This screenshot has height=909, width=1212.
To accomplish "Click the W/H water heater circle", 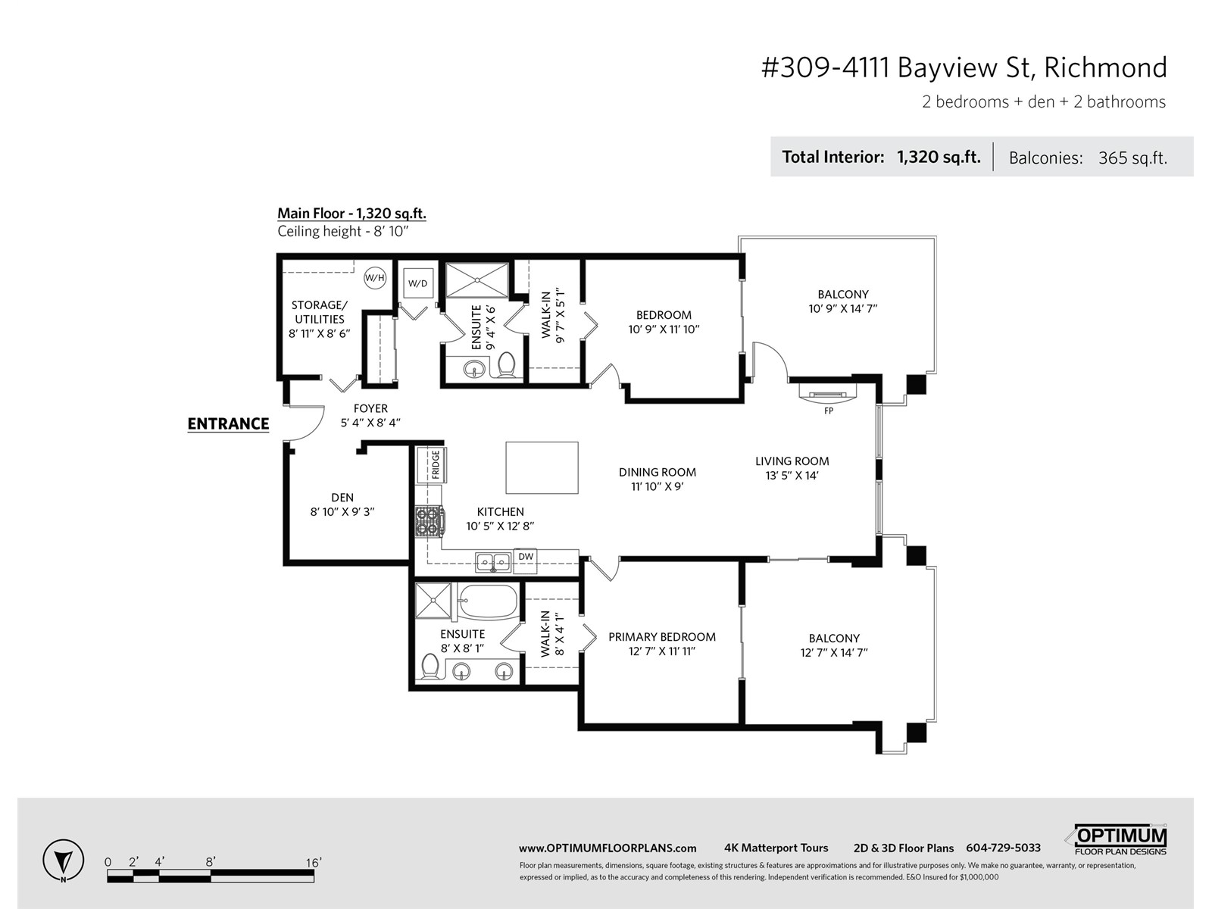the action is pyautogui.click(x=375, y=277).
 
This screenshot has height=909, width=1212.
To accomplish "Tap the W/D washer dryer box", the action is pyautogui.click(x=418, y=283).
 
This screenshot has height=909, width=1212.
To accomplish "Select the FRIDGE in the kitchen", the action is pyautogui.click(x=432, y=464).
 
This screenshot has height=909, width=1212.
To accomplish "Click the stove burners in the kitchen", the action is pyautogui.click(x=430, y=522).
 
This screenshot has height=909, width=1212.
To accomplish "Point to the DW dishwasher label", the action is pyautogui.click(x=526, y=556).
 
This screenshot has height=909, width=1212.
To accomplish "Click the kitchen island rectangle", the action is pyautogui.click(x=542, y=467).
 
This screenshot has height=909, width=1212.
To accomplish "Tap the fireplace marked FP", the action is pyautogui.click(x=828, y=395).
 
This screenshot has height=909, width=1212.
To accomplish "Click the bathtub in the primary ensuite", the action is pyautogui.click(x=488, y=601).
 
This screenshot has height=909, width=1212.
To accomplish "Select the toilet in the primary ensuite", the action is pyautogui.click(x=429, y=666).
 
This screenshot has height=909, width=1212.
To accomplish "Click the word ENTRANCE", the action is pyautogui.click(x=228, y=424).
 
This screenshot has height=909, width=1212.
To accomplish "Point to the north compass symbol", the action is pyautogui.click(x=64, y=861).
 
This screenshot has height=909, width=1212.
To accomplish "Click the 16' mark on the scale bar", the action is pyautogui.click(x=313, y=863).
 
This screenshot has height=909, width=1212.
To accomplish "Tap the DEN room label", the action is pyautogui.click(x=342, y=497).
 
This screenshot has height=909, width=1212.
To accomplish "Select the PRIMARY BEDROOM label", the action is pyautogui.click(x=662, y=637).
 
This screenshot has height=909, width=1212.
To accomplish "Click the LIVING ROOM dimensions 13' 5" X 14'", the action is pyautogui.click(x=792, y=475).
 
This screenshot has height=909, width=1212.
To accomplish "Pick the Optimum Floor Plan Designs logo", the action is pyautogui.click(x=1117, y=839).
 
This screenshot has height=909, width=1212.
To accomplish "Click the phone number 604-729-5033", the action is pyautogui.click(x=1003, y=848).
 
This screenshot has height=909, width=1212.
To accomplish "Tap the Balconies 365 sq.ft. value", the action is pyautogui.click(x=1132, y=158).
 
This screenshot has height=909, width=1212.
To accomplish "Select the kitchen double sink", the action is pyautogui.click(x=493, y=563).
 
